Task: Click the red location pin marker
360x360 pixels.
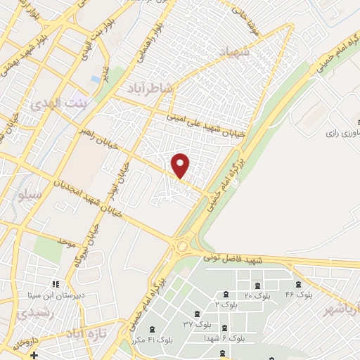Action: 181,166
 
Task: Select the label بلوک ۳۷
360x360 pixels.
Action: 198,324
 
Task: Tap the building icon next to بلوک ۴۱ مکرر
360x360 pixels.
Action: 152,329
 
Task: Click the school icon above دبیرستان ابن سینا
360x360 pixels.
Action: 54,285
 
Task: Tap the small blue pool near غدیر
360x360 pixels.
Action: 94,79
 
